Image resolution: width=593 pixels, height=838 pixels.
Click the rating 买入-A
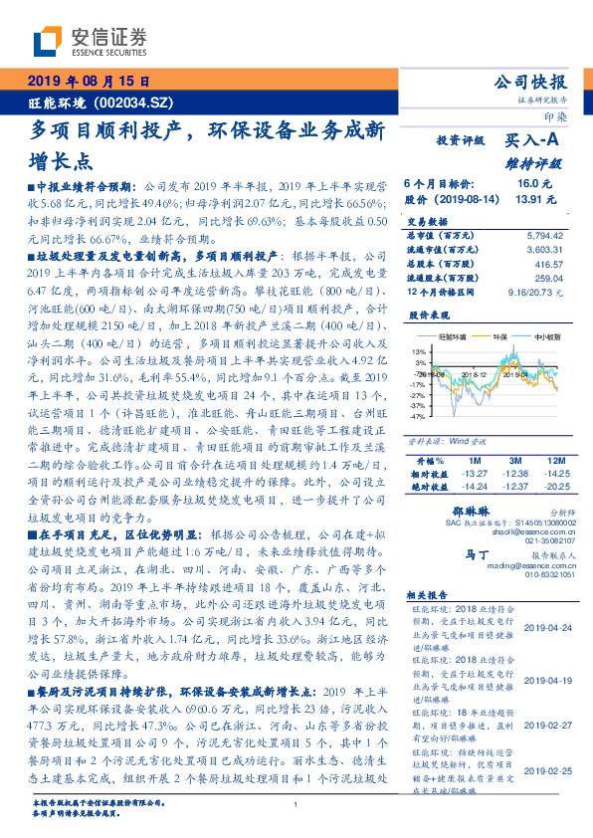(x=527, y=142)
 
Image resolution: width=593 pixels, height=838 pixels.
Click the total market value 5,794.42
(x=537, y=234)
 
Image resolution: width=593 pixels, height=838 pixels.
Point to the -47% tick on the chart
(x=416, y=417)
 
